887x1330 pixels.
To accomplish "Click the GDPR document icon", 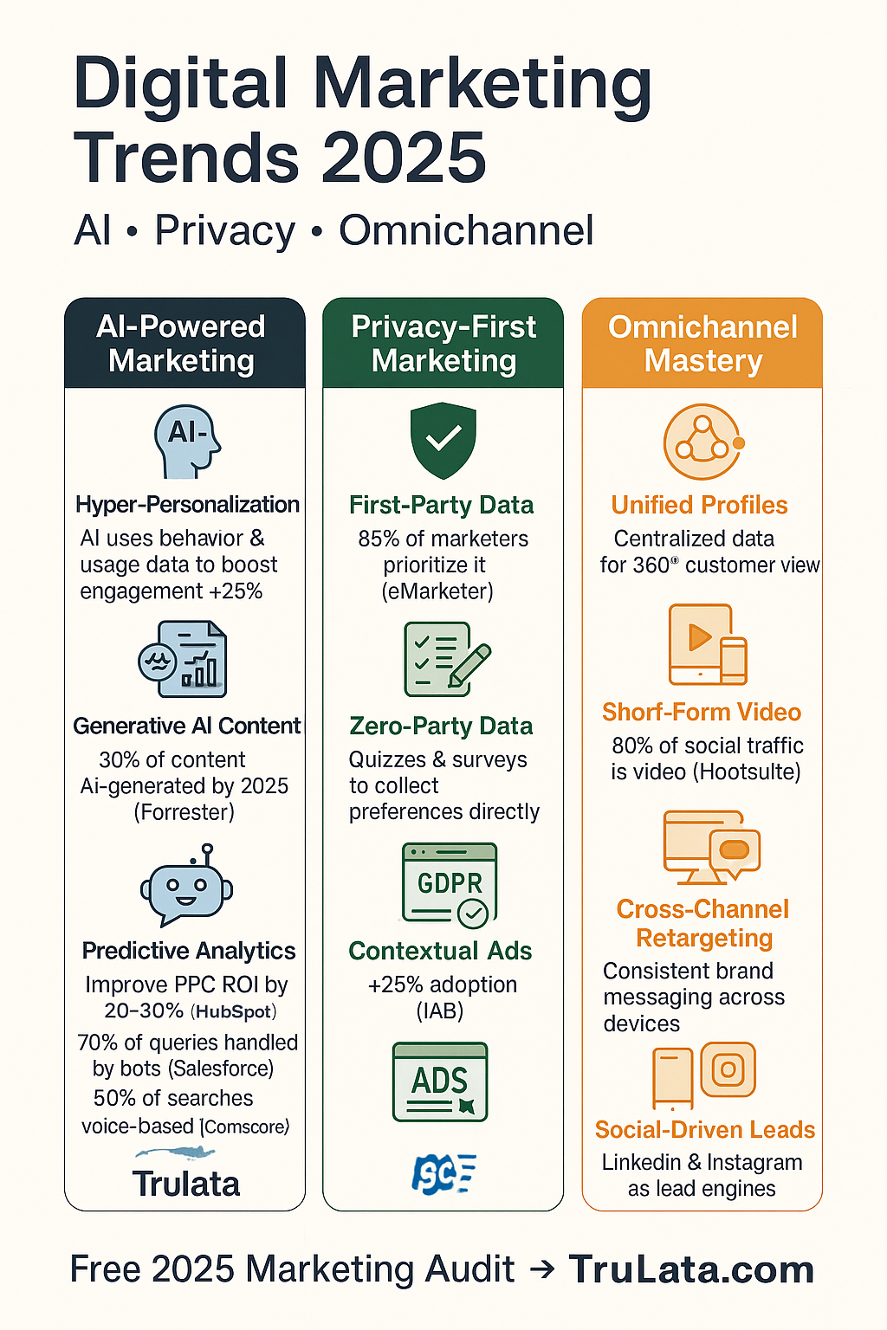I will click(x=449, y=884).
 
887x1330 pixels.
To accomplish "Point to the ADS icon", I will click(x=440, y=1082).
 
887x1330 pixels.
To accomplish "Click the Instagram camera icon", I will click(x=728, y=1069).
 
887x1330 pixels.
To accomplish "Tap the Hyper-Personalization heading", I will click(x=187, y=505).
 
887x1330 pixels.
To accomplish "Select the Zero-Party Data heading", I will click(x=441, y=726).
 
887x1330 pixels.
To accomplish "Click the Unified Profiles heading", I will click(x=699, y=505).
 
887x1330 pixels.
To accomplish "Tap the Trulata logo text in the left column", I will click(x=185, y=1184).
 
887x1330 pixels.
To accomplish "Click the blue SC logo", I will click(x=442, y=1174).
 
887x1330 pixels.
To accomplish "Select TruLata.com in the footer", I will click(x=691, y=1269).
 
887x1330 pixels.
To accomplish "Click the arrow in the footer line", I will click(x=542, y=1269).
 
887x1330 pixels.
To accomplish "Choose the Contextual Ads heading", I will click(x=440, y=951).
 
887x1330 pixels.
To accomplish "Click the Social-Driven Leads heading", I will click(x=704, y=1130).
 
